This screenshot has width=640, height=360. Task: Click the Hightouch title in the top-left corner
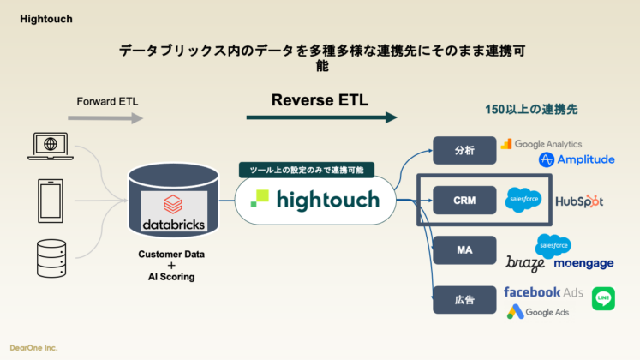tap(46, 19)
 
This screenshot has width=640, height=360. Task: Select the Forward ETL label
tap(107, 101)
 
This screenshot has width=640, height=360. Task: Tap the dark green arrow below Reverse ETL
tap(321, 117)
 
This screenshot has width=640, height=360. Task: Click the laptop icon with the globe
tap(50, 146)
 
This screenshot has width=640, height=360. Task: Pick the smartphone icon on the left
tap(50, 200)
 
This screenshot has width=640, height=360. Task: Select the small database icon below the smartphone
tap(50, 255)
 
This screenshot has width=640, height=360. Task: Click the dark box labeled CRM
tap(464, 201)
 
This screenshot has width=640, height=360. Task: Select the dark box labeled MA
tap(464, 251)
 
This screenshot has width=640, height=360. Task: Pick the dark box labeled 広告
tap(464, 301)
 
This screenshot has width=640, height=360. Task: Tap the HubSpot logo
tap(579, 201)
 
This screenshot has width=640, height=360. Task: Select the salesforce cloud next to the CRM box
tap(523, 200)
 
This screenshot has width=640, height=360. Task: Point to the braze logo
tap(525, 263)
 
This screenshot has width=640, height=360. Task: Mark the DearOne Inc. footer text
tap(34, 348)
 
